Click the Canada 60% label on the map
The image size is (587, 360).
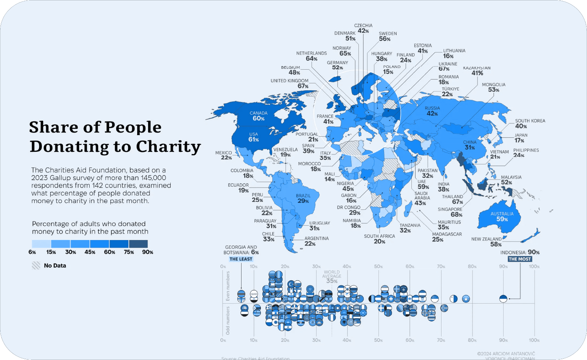pos(258,116)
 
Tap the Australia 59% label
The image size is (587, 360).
pos(502,217)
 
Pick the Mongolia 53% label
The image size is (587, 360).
pos(493,87)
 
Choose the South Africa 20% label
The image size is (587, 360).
pos(379,239)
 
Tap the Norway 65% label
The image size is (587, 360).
pos(342,51)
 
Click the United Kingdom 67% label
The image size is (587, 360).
pos(290,83)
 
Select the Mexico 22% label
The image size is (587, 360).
pos(223,155)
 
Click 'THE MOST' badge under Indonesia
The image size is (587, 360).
pos(520,259)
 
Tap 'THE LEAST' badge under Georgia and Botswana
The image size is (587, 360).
pos(241,259)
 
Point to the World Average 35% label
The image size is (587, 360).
pos(332,277)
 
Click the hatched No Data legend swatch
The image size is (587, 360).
pos(36,266)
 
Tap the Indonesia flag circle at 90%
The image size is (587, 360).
pos(503,298)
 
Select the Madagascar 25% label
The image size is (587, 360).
pos(447,236)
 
